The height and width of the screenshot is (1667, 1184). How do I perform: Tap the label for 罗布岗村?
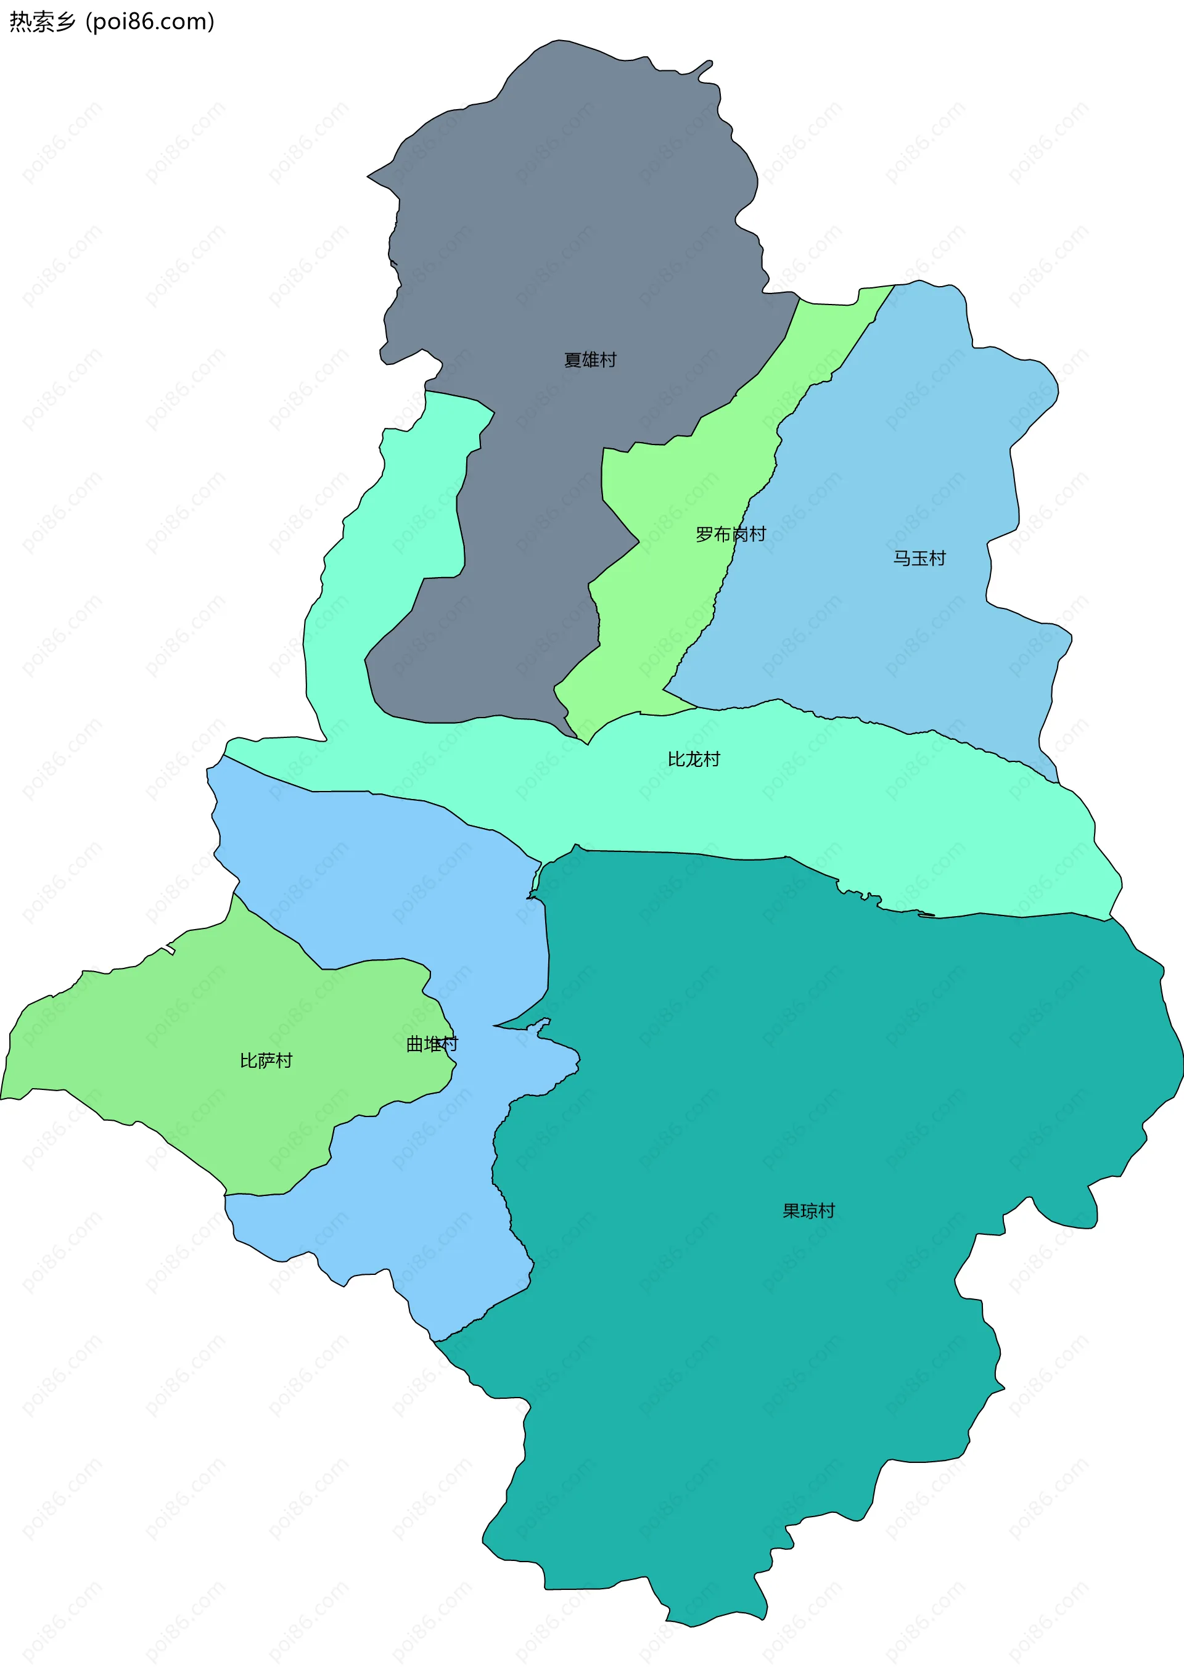coord(731,535)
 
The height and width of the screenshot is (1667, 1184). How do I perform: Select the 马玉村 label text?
coord(919,559)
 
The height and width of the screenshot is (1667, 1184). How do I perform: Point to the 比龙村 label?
coord(693,760)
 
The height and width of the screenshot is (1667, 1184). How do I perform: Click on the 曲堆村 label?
coord(432,1044)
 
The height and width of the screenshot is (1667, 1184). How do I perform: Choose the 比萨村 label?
coord(266,1060)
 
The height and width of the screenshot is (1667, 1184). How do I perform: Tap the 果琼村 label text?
coord(808,1211)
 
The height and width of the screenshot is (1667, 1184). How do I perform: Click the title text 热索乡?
coord(43,22)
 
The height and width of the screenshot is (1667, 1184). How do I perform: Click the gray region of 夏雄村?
coord(583,219)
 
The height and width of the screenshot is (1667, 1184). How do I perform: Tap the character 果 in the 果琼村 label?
coord(792,1211)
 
